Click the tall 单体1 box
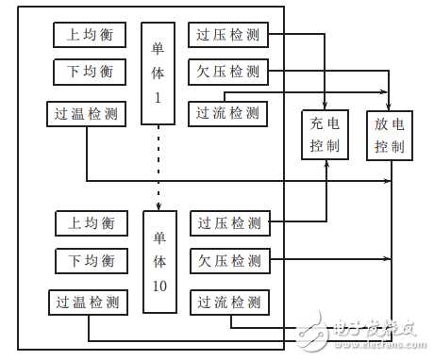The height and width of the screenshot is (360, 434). (159, 73)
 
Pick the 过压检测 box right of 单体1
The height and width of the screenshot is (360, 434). (228, 35)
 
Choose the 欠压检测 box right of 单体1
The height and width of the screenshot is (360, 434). (228, 72)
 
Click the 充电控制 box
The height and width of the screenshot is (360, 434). (325, 135)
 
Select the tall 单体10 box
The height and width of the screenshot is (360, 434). (159, 261)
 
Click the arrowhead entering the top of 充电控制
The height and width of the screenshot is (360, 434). (325, 105)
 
